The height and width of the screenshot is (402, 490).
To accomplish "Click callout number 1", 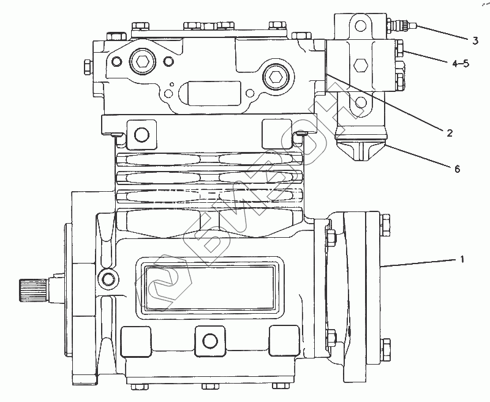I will [x=462, y=260].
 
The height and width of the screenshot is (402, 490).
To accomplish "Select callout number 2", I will [x=449, y=133].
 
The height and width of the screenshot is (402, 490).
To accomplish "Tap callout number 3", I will [x=475, y=41].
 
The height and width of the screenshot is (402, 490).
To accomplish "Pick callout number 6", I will [x=456, y=169].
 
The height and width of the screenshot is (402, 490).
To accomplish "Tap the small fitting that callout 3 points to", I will [x=401, y=26].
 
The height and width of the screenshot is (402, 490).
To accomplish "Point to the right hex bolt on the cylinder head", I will [x=275, y=77].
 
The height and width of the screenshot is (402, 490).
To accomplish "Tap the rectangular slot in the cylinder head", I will [x=208, y=96].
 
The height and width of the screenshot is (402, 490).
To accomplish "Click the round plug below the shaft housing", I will [x=109, y=280].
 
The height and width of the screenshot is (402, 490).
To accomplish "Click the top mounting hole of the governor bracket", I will [x=360, y=26].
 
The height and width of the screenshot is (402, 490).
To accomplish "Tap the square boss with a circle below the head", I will [x=140, y=134].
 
